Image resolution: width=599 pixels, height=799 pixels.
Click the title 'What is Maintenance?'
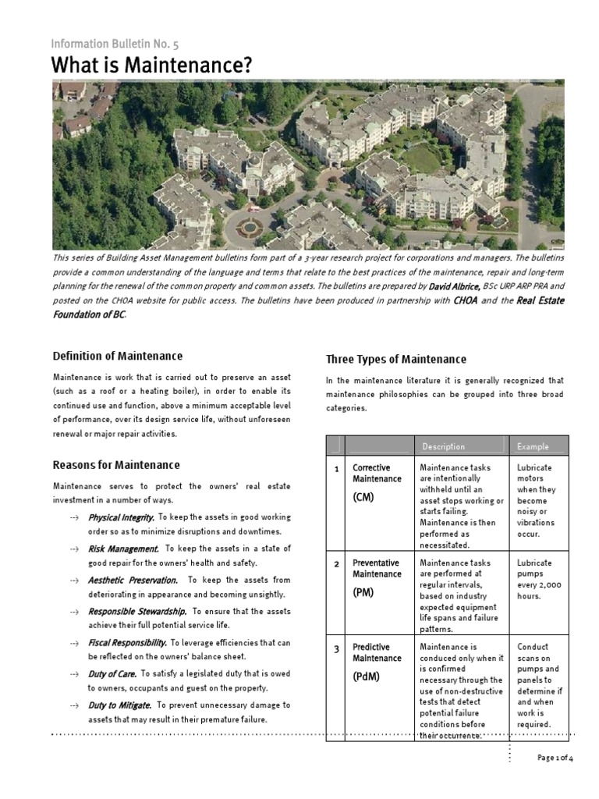152,66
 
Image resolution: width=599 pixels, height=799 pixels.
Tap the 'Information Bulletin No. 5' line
115,44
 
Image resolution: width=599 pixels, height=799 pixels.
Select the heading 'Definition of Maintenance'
117,356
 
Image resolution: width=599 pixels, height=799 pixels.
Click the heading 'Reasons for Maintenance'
115,465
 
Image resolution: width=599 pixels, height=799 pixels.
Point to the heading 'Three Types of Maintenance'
395,359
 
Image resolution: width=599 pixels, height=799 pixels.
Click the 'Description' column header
443,446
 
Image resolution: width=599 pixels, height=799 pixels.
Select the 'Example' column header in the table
533,446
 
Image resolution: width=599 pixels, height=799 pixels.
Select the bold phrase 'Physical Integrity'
122,517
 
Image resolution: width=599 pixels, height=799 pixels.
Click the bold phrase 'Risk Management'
123,549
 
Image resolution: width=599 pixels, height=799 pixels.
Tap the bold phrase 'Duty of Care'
112,673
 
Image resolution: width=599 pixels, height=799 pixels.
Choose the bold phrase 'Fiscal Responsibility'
127,642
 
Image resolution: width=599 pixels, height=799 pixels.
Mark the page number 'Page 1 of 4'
555,758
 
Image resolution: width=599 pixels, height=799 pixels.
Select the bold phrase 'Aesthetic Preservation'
133,580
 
